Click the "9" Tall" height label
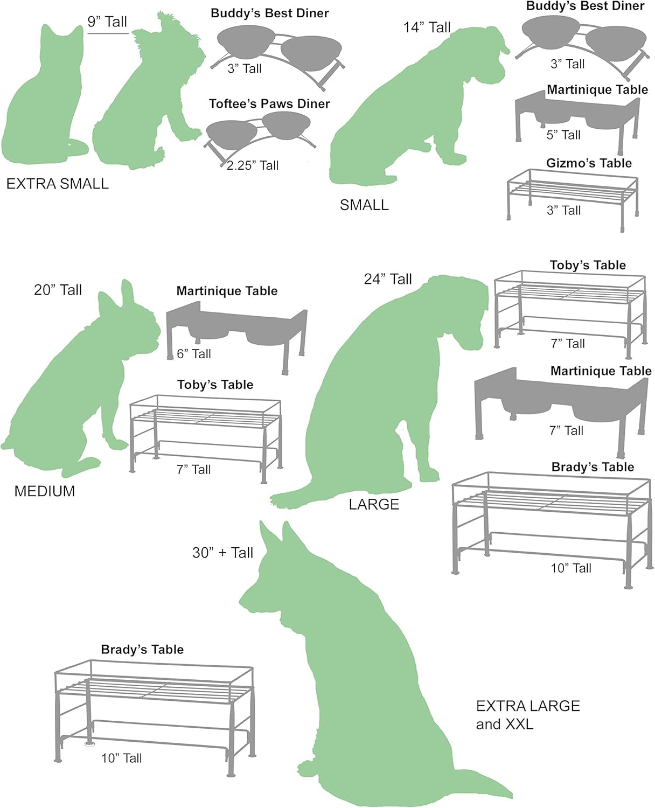(107, 22)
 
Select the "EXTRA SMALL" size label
(58, 184)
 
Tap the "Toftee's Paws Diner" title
(269, 103)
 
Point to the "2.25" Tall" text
(253, 165)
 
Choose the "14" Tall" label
(427, 27)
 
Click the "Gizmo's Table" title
(589, 163)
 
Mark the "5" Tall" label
(563, 135)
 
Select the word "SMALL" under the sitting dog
(364, 205)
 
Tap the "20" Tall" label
(58, 290)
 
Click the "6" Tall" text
(193, 353)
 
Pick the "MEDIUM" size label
(45, 491)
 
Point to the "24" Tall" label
(388, 279)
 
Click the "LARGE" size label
(374, 504)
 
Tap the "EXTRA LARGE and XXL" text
(528, 715)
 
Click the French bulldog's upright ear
(128, 294)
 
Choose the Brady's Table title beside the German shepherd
(142, 649)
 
